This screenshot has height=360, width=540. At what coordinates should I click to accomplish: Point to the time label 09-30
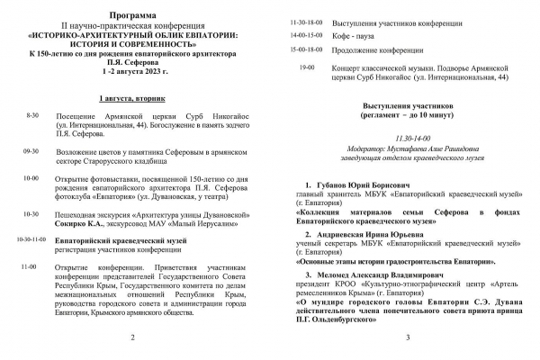pos(31,152)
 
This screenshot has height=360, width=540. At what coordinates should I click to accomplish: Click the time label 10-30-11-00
pos(30,241)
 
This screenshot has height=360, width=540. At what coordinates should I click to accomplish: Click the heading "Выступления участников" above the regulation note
pos(408,104)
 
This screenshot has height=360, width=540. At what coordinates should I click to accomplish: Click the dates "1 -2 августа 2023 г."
pos(132,67)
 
